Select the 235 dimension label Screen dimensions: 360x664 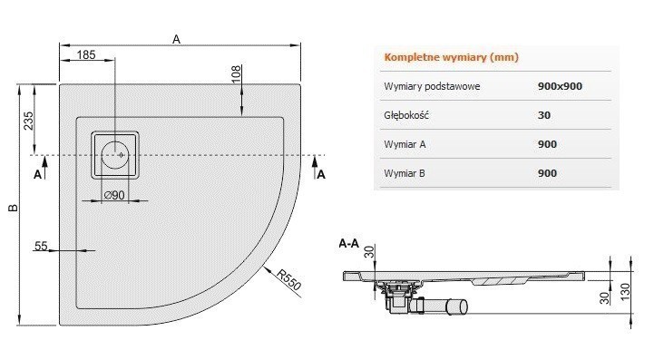pos(27,120)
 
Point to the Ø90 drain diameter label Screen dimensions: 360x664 pos(113,196)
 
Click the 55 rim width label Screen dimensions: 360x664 pos(41,246)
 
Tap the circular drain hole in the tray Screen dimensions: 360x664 pos(116,154)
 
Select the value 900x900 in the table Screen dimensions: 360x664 pos(560,86)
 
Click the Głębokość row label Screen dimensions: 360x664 pos(405,115)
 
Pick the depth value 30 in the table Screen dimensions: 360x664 pos(544,115)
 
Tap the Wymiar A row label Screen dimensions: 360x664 pos(405,144)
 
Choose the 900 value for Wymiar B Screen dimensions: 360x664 pos(547,173)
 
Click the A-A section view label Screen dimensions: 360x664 pos(349,243)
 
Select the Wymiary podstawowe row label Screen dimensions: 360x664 pos(432,86)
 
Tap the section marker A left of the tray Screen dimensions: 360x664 pos(37,171)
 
